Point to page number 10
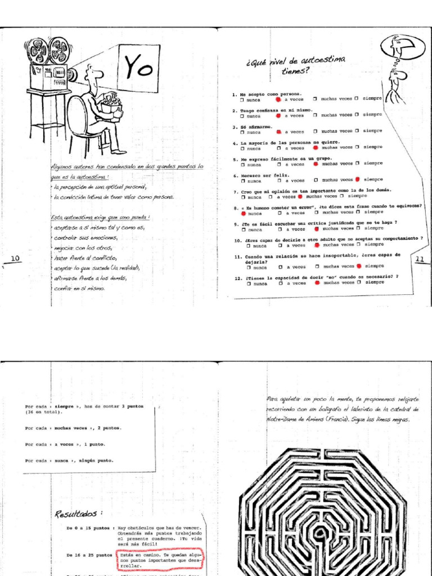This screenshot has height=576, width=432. pos(15,258)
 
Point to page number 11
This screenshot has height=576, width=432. pos(420,259)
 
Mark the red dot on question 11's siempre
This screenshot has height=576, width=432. pos(358,266)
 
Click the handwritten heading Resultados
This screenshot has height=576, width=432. pos(79,514)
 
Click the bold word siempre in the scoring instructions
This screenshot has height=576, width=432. pos(65,406)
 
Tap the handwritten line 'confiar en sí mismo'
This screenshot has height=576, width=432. pos(79,288)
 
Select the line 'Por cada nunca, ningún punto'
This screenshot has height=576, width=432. pos(69,460)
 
